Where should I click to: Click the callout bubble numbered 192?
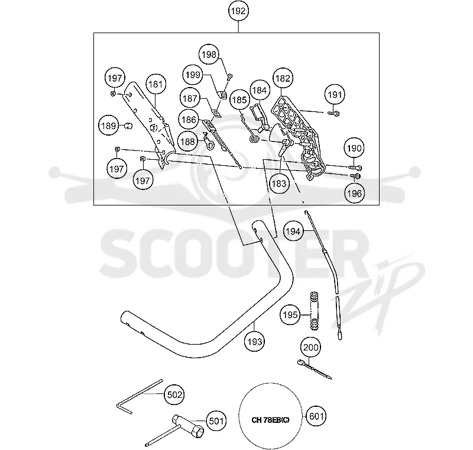(x=238, y=11)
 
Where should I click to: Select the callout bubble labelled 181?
(x=155, y=84)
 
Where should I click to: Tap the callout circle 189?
(x=109, y=126)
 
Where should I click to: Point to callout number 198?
(x=209, y=54)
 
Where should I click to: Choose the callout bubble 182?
(x=283, y=78)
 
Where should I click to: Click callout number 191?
(x=335, y=95)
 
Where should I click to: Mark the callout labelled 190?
(x=354, y=148)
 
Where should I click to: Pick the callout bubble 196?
(x=354, y=193)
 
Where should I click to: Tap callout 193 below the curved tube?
(x=255, y=342)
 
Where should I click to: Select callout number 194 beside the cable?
(x=293, y=232)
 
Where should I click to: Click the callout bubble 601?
(x=316, y=416)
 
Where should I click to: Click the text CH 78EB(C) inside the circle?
(x=270, y=420)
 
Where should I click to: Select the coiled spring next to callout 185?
(x=255, y=139)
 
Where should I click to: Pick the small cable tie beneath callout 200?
(x=314, y=369)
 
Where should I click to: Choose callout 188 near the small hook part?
(x=187, y=142)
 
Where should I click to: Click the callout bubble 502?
(x=174, y=394)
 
